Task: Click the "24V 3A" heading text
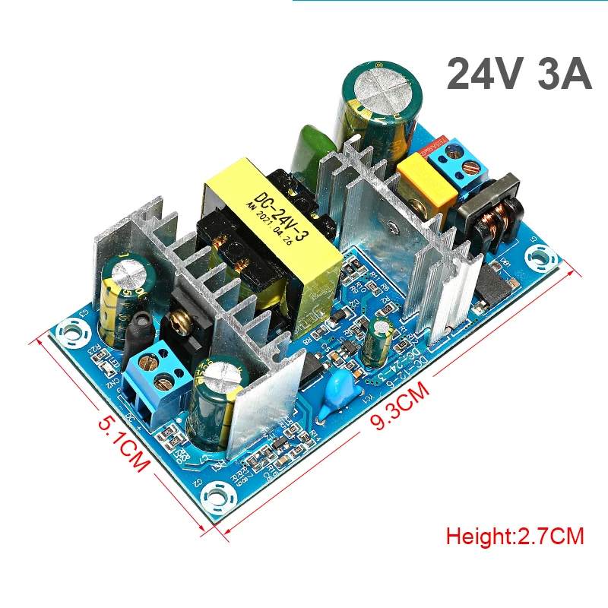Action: click(x=518, y=74)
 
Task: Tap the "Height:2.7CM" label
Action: click(x=515, y=536)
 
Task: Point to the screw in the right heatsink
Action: click(x=390, y=227)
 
